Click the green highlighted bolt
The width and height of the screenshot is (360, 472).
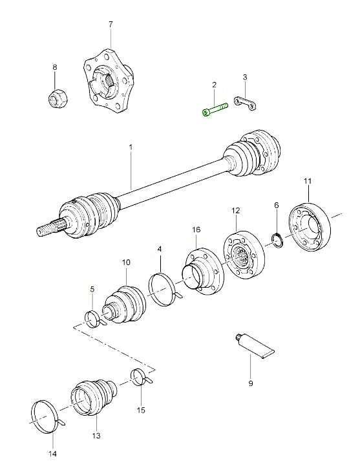(x=215, y=109)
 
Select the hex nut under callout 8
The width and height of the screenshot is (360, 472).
(x=58, y=97)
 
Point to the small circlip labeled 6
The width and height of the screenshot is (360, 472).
(x=278, y=241)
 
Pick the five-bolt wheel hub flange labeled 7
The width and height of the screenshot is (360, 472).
(x=108, y=81)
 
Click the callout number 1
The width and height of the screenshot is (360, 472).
(x=131, y=147)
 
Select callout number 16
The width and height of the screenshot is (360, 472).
(x=196, y=230)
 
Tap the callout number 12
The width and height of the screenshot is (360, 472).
(x=236, y=211)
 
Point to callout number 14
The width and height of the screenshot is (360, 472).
(x=53, y=454)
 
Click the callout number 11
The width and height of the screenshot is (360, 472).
(x=308, y=181)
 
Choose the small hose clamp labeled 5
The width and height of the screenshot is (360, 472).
(x=95, y=319)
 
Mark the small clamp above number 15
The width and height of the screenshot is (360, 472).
(x=140, y=377)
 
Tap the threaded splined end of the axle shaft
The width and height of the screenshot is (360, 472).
(x=51, y=228)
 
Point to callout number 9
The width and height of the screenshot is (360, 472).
(x=251, y=383)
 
